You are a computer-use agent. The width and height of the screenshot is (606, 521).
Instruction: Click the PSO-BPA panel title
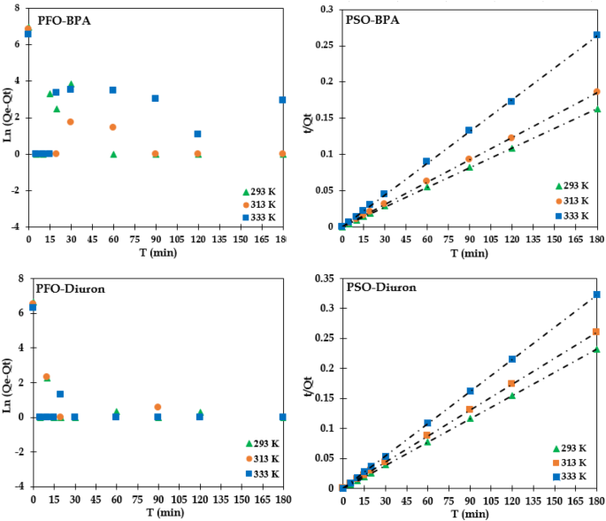click(373, 19)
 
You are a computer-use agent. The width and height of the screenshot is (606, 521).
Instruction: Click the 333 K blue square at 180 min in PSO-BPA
click(596, 35)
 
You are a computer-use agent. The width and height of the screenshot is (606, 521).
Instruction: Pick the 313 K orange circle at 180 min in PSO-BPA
click(596, 91)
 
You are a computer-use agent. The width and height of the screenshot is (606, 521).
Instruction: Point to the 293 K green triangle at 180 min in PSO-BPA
click(596, 110)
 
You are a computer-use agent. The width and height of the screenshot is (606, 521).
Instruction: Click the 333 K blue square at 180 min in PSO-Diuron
click(596, 295)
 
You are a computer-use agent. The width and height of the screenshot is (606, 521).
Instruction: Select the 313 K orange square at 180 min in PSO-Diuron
click(596, 332)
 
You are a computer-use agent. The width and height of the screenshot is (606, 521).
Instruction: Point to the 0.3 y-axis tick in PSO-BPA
click(326, 9)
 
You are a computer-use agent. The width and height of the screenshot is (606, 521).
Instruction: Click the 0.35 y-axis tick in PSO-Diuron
click(324, 278)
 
